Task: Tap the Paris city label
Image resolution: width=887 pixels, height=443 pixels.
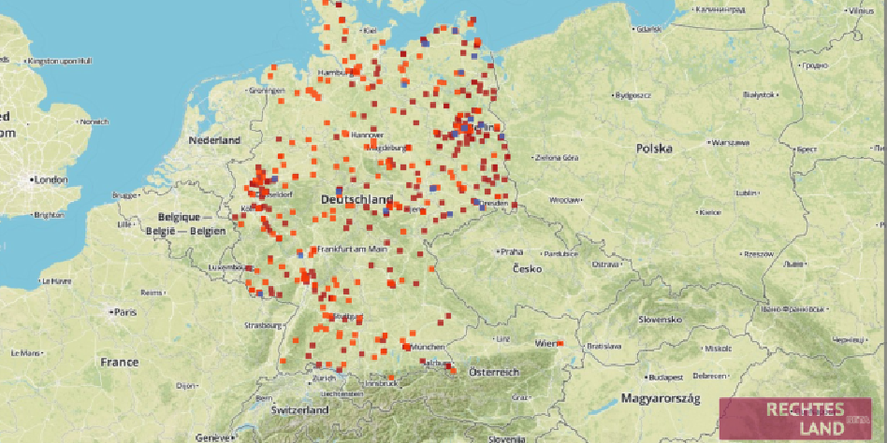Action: tap(124, 311)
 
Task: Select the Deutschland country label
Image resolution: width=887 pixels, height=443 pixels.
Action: tap(356, 200)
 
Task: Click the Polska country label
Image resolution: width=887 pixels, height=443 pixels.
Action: tap(654, 149)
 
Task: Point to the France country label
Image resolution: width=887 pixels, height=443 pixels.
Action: tap(120, 362)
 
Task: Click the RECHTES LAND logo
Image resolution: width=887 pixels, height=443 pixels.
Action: tap(794, 419)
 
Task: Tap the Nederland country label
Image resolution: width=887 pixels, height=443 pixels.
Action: tap(214, 140)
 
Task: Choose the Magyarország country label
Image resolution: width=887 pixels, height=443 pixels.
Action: tap(661, 399)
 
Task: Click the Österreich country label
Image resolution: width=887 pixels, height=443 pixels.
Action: tap(494, 372)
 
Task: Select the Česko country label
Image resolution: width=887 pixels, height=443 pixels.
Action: tap(527, 269)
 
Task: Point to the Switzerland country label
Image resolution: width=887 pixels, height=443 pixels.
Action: tap(299, 410)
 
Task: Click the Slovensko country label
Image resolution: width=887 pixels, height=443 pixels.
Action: tap(660, 319)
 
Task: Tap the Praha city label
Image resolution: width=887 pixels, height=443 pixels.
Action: tap(511, 251)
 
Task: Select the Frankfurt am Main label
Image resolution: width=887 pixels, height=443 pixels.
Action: tap(352, 249)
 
